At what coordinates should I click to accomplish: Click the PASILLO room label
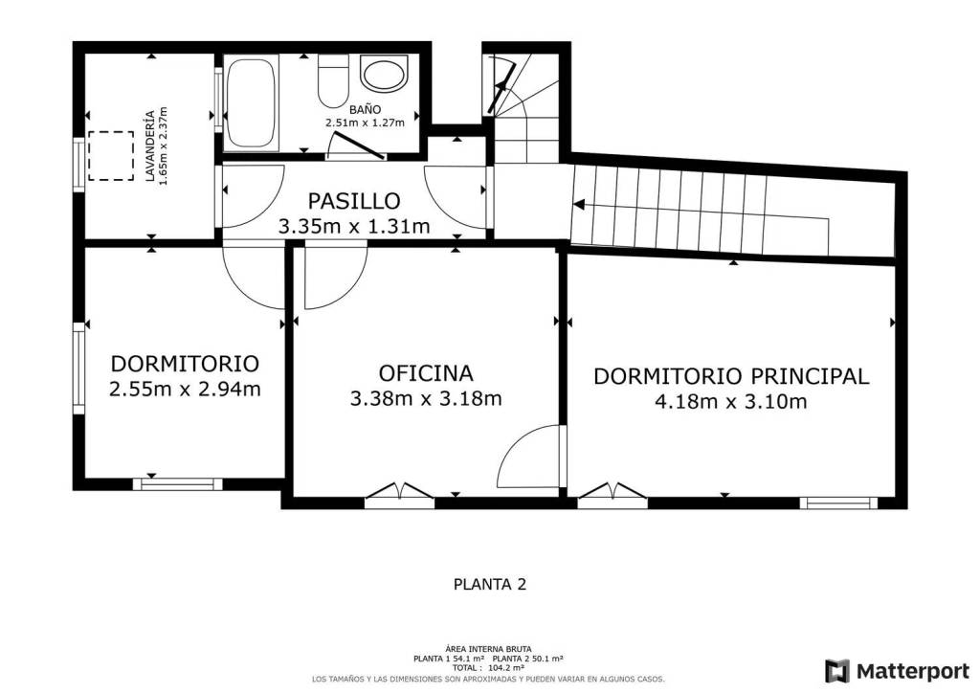click(x=354, y=201)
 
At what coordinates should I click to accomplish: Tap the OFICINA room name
click(x=426, y=373)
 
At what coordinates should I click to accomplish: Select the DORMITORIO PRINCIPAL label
click(x=730, y=376)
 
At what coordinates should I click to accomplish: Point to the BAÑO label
click(x=365, y=109)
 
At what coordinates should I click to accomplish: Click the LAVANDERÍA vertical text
click(x=149, y=146)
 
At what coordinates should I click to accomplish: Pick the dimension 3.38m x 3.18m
click(x=426, y=399)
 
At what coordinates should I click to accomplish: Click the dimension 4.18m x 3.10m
click(x=730, y=401)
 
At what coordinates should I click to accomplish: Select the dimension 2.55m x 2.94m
click(x=185, y=390)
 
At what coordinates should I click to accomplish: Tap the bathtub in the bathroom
click(x=251, y=103)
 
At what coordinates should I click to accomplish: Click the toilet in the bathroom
click(x=332, y=81)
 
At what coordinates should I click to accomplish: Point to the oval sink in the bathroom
click(x=385, y=74)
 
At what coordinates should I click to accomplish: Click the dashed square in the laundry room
click(x=111, y=156)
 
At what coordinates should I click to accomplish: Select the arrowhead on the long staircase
click(x=579, y=204)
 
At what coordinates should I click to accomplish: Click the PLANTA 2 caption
click(x=490, y=584)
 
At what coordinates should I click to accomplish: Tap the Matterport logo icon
click(x=837, y=671)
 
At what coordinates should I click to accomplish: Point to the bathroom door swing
click(x=356, y=145)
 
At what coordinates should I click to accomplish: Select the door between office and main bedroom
click(x=532, y=457)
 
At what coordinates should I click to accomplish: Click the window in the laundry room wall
click(x=78, y=164)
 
